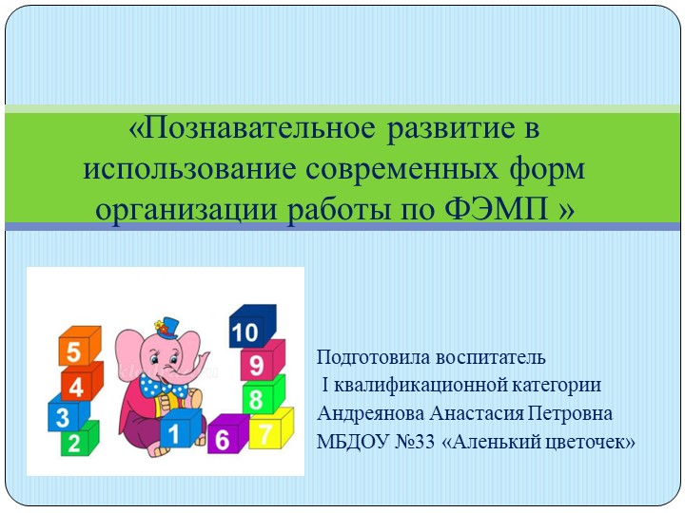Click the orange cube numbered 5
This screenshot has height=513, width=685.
coord(77,350)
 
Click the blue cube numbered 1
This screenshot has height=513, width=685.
coord(177,433)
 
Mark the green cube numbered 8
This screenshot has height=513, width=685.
coord(260,396)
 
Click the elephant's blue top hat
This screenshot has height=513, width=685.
coord(169,325)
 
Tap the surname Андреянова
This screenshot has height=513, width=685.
coord(370,414)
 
